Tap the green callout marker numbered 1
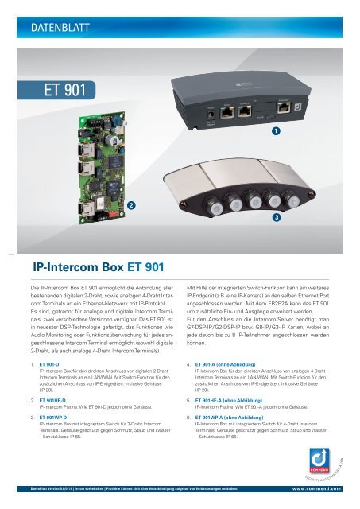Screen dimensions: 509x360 click(x=275, y=129)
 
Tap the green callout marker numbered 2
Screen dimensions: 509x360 click(x=130, y=205)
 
